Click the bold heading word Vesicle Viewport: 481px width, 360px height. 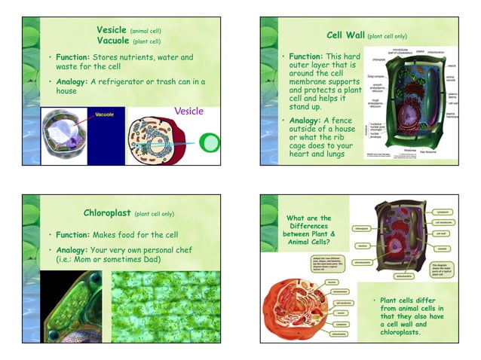pos(112,29)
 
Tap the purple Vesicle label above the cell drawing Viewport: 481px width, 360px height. pos(188,111)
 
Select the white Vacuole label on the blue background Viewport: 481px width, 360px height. pos(104,114)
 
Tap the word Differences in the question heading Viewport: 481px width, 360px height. pos(309,226)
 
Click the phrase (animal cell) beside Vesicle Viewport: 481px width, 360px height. pos(146,31)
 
